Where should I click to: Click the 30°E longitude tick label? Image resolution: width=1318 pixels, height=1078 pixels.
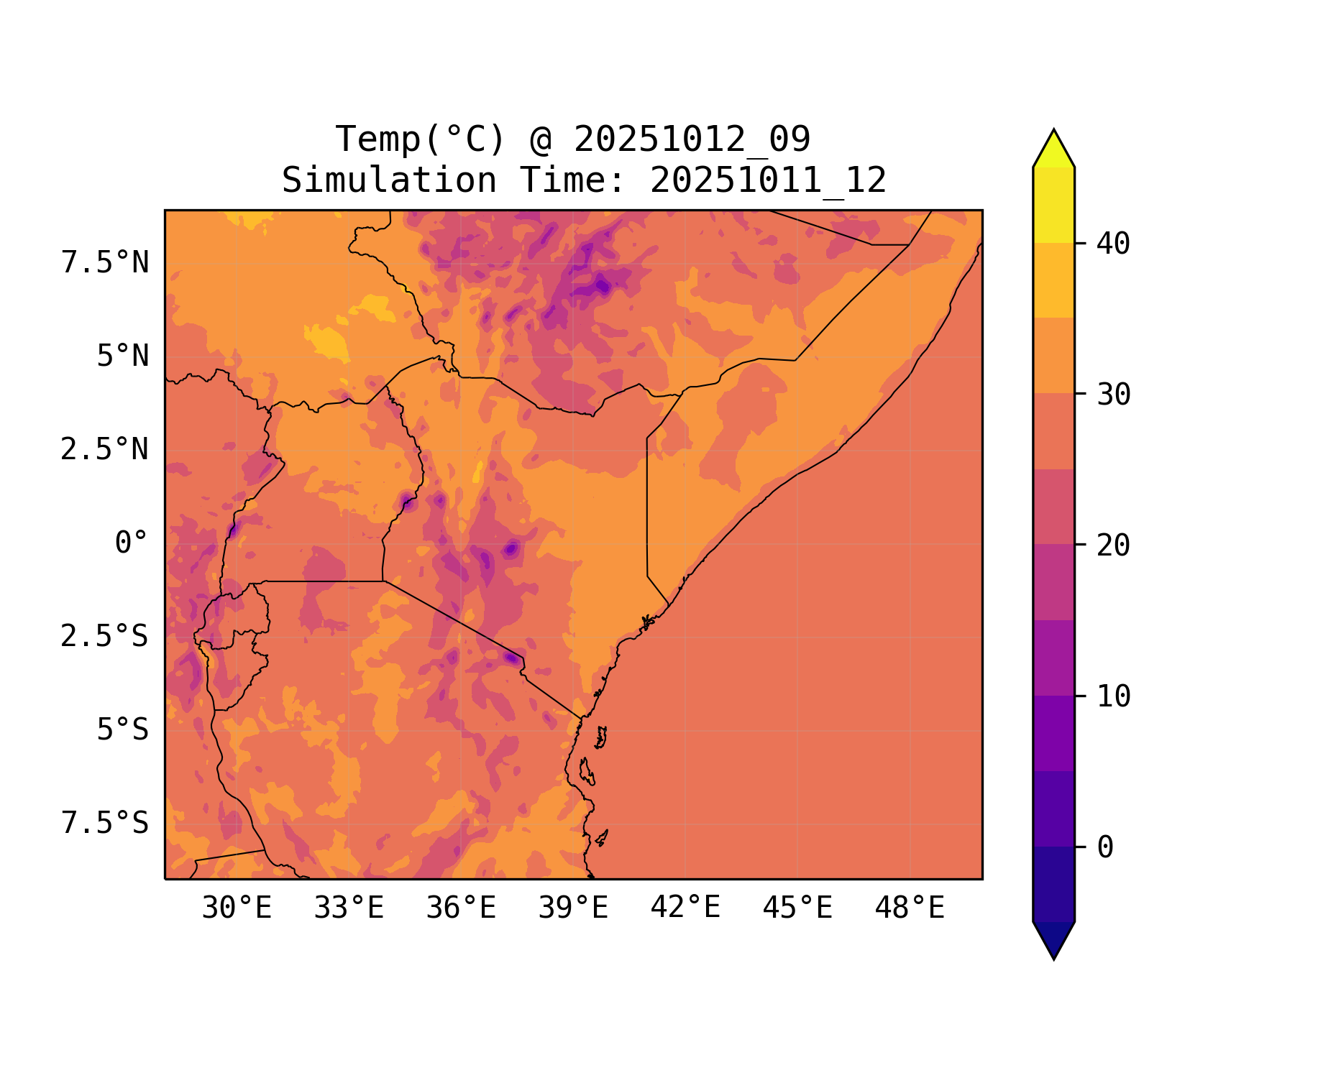click(237, 908)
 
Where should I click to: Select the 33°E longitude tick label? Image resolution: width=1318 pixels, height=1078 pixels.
click(349, 908)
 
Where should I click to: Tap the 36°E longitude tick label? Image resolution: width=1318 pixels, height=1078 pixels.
click(461, 908)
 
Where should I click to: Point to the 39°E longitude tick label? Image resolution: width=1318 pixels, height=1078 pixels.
click(573, 908)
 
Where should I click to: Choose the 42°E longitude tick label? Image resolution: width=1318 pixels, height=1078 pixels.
click(685, 908)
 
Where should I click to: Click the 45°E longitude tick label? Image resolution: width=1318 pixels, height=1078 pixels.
click(797, 908)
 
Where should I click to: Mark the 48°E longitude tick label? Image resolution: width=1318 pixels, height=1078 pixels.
click(910, 908)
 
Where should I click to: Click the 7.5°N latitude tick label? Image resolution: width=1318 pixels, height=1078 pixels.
click(105, 263)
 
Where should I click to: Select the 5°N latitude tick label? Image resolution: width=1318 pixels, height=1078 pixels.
click(123, 356)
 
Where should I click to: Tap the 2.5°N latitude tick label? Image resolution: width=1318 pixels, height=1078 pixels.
click(105, 450)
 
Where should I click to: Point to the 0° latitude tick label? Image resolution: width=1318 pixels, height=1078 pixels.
click(132, 543)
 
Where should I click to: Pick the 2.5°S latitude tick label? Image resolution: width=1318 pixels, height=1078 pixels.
click(105, 636)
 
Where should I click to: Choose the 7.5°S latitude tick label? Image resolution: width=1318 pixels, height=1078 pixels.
click(105, 823)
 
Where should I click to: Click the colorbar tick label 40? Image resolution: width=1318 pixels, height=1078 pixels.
click(1113, 244)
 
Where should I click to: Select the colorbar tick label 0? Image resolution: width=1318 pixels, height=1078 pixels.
click(1105, 848)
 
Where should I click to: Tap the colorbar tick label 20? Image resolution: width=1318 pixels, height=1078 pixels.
click(1113, 546)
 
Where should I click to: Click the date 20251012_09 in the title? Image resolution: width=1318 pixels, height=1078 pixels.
click(692, 139)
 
